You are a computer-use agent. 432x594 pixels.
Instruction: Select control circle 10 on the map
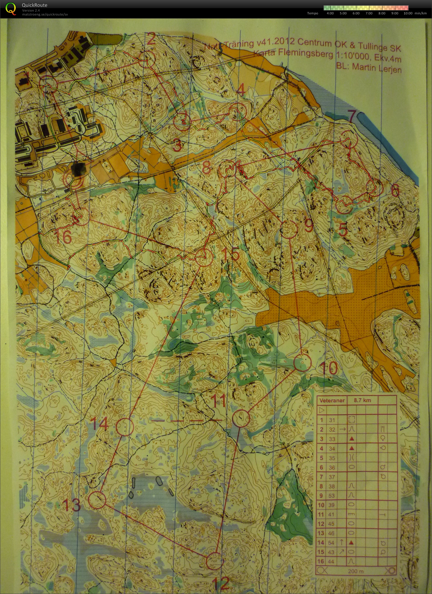coord(303,363)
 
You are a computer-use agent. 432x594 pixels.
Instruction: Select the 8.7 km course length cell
coord(362,400)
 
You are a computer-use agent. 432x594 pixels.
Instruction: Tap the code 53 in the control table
coord(332,495)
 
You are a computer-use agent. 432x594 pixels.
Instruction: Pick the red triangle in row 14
coord(351,543)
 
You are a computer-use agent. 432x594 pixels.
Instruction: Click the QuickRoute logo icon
coord(10,8)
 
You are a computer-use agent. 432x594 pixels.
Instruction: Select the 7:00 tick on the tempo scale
coord(369,13)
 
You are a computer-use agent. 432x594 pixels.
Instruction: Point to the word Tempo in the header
coord(312,13)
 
